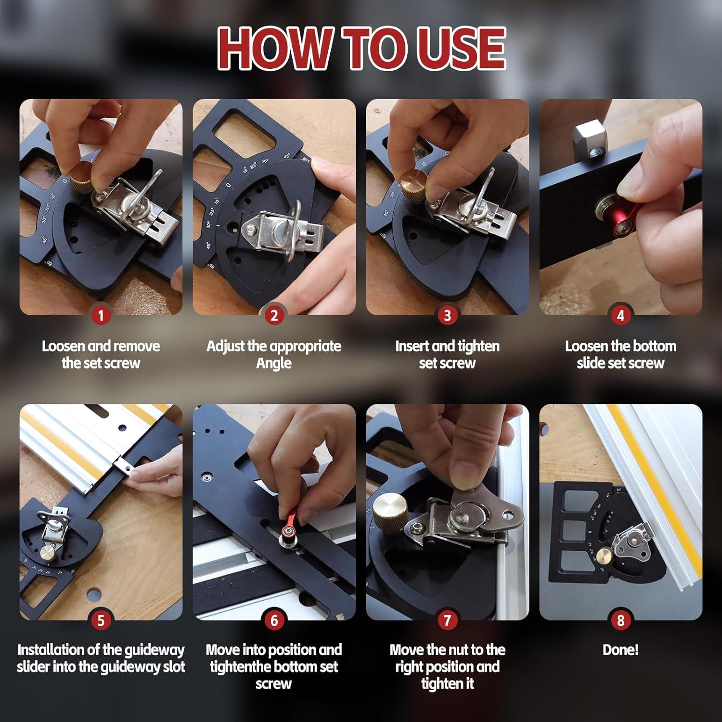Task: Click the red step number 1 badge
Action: coord(101,315)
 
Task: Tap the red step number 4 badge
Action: coord(620,315)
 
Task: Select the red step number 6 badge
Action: coord(274,620)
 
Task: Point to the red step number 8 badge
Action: coord(620,620)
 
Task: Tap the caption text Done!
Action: coord(620,650)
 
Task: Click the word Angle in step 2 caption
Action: coord(274,363)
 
